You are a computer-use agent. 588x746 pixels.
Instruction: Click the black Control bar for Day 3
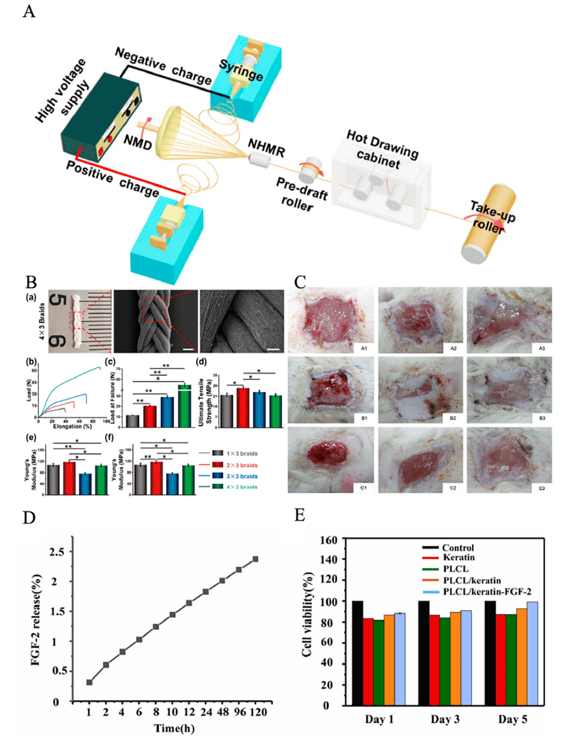click(424, 653)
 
